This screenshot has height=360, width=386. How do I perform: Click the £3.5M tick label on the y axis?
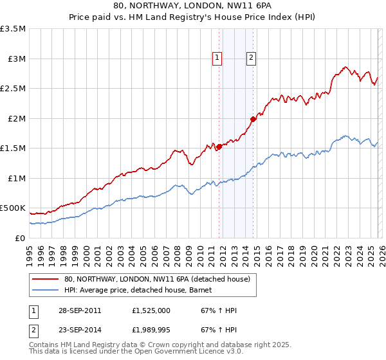[13, 29]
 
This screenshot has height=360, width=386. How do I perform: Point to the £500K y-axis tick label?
[13, 208]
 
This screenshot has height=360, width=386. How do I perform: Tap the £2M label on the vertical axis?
[16, 118]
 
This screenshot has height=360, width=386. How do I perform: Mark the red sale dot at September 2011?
[219, 147]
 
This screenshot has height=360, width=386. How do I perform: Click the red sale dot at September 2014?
[253, 119]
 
